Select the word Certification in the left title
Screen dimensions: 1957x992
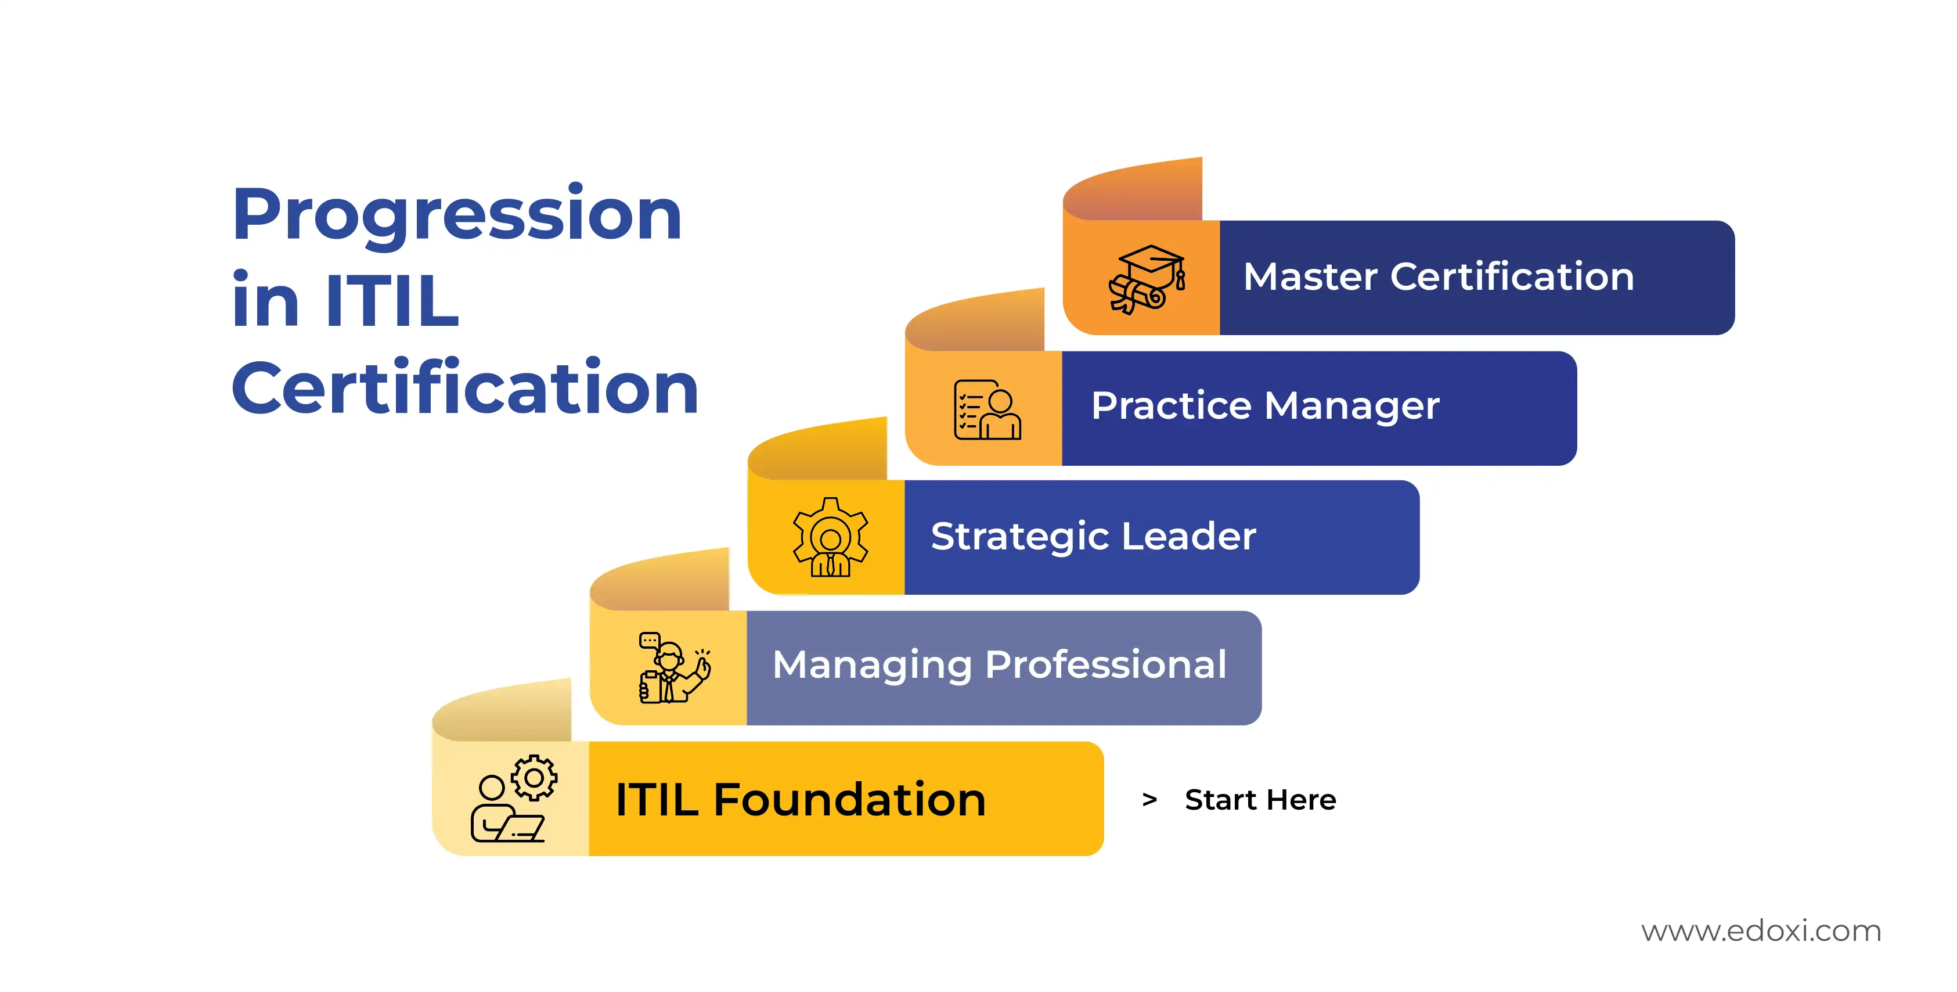coord(465,387)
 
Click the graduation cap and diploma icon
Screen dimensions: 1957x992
coord(1147,279)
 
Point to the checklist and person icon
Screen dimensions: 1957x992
coord(987,409)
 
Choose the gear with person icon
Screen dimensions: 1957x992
coord(830,537)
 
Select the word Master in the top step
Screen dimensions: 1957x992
coord(1310,276)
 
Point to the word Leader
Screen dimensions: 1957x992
coord(1189,536)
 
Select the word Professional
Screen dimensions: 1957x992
coord(1106,664)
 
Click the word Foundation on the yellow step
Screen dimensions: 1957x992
coord(849,800)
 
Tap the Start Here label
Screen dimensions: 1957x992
coord(1260,800)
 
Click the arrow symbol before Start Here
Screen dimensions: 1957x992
coord(1149,800)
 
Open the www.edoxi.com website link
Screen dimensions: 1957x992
coord(1761,930)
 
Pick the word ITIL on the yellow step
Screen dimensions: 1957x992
coord(657,800)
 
